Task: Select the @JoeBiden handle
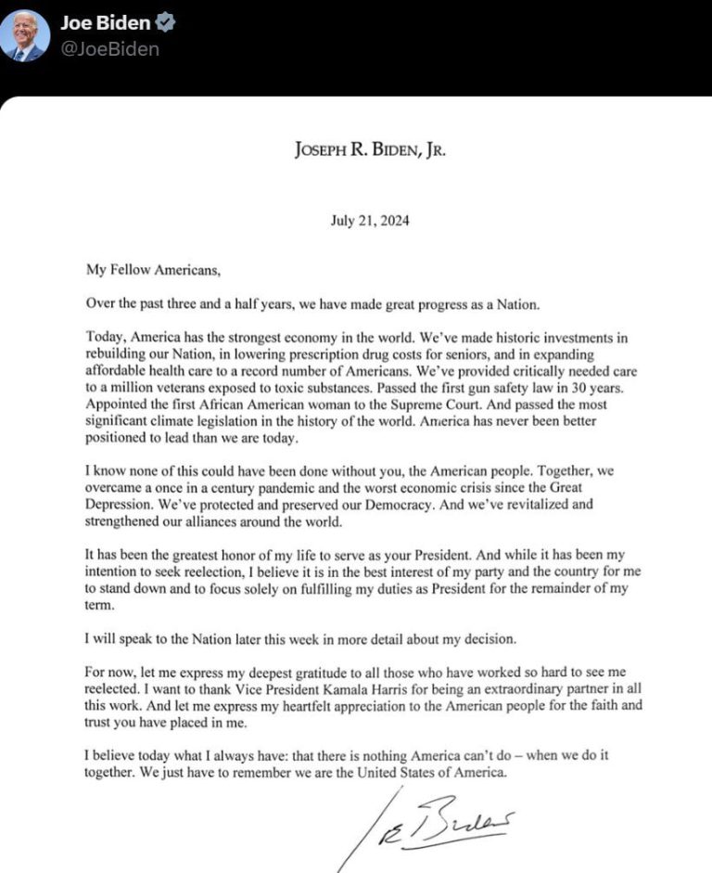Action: click(109, 49)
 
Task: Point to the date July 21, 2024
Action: click(369, 221)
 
